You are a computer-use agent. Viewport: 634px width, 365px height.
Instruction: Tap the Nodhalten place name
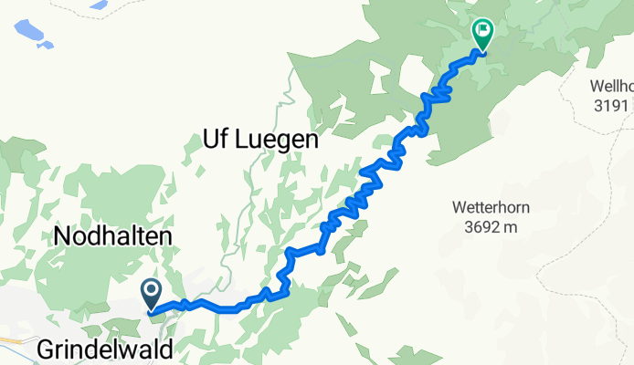113,236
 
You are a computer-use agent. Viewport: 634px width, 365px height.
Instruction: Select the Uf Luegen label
259,141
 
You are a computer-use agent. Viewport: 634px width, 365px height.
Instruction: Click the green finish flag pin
482,34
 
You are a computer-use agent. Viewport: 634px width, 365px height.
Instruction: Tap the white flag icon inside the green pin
482,31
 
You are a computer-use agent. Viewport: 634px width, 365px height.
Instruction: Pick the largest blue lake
27,31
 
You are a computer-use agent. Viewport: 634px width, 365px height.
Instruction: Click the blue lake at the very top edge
98,4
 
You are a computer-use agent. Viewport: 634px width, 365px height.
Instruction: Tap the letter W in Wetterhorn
458,207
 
